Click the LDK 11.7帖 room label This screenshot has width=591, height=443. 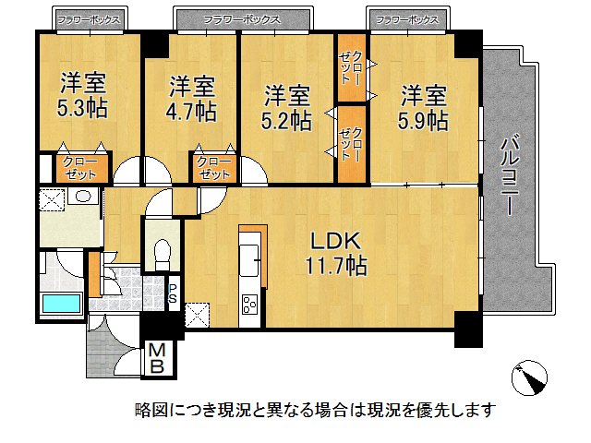[x=337, y=254]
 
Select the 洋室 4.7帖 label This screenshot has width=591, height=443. [x=191, y=100]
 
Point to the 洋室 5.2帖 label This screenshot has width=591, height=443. [x=286, y=106]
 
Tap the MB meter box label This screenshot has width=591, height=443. [x=158, y=357]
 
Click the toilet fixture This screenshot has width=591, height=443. [x=163, y=251]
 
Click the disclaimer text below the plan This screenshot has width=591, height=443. [x=315, y=409]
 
